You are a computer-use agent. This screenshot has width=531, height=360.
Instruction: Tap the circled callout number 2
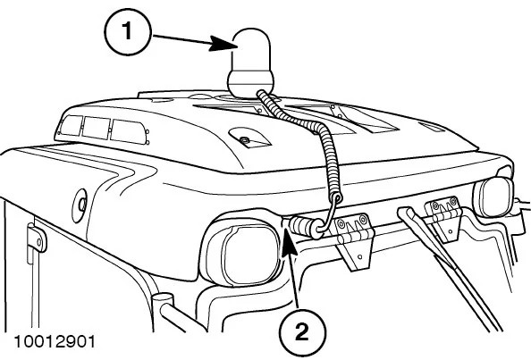point(302,332)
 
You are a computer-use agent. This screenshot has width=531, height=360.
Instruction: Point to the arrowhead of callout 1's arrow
point(222,43)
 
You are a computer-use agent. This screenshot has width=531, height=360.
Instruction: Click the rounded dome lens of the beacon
point(251,50)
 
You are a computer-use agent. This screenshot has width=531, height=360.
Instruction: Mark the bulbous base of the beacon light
point(250,84)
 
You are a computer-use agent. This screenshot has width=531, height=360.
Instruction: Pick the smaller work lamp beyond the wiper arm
point(494,197)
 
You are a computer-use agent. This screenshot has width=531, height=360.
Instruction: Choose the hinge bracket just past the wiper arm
point(444,219)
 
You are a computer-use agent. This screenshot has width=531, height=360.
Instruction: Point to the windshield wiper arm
point(447,267)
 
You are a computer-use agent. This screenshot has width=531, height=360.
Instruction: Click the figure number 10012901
point(55,341)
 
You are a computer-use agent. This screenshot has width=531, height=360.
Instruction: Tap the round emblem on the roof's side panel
point(80,205)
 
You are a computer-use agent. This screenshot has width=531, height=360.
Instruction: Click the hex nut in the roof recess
point(243,139)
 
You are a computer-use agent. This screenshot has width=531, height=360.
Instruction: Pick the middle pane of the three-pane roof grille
point(97,129)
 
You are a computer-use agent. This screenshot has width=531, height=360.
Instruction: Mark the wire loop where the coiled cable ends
point(330,213)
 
